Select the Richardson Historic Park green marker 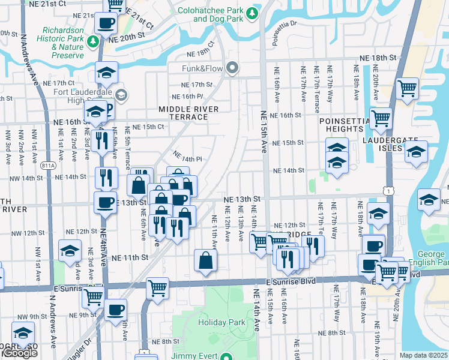[92, 41]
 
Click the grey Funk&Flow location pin [232, 67]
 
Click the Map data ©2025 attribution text [424, 355]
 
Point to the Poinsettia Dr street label [285, 25]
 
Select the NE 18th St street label [378, 58]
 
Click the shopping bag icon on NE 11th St [205, 261]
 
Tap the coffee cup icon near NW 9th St [115, 310]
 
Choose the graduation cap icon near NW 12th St [70, 251]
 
